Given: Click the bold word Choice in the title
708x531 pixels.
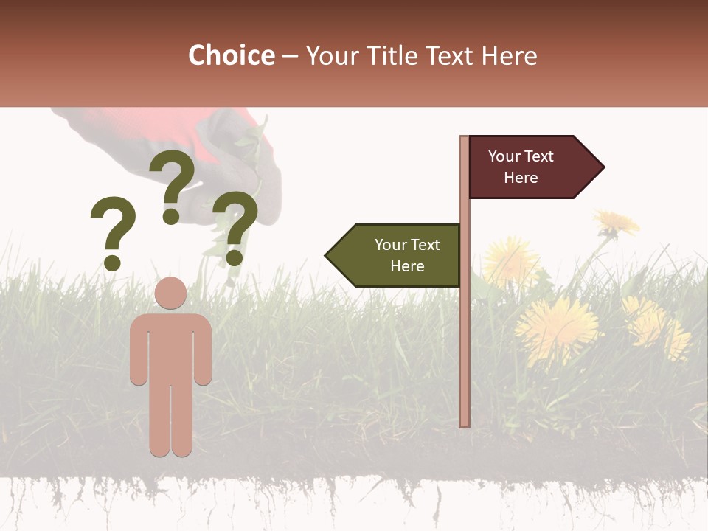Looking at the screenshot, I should (231, 56).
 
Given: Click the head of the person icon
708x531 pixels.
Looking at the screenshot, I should (171, 293).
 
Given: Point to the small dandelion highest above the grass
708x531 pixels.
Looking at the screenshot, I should (617, 222).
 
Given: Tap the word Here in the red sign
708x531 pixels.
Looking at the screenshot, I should (521, 178).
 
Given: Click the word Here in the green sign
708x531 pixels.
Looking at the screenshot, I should (407, 266).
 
